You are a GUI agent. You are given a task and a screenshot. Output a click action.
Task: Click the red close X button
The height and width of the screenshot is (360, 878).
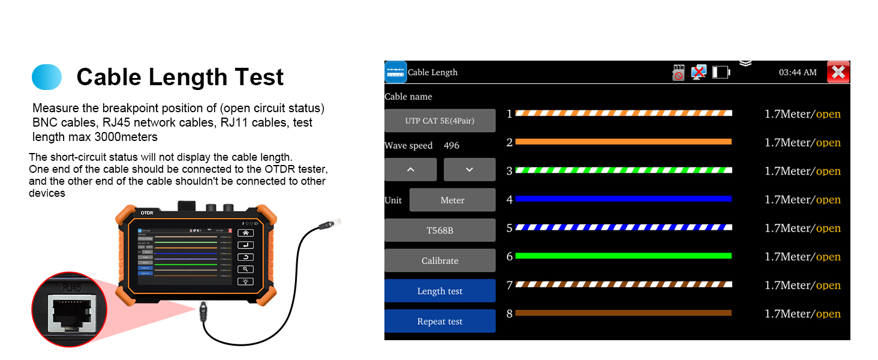coord(838,73)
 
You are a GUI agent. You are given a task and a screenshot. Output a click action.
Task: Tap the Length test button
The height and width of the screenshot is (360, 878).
coord(440,291)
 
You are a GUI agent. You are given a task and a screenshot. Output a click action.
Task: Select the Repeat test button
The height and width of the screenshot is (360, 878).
coord(440,322)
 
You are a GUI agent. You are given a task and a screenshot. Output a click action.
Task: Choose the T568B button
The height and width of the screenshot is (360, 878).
coord(440,230)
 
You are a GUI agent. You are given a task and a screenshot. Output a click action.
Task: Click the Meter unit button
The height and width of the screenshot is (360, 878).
coord(452,200)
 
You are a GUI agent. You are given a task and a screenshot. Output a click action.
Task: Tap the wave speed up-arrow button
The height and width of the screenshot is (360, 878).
coord(410,170)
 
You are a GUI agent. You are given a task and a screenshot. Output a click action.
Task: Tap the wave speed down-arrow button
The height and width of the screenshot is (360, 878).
coord(469,170)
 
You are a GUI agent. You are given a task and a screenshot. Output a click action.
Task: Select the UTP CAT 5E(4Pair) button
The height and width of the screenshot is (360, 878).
coord(440,121)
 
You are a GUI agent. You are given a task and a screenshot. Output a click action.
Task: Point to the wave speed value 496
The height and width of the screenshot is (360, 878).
coord(451,146)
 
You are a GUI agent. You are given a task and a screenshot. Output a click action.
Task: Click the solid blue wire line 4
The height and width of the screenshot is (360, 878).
coord(623,199)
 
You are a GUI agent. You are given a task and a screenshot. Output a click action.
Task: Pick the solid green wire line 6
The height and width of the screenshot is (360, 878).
coord(623,256)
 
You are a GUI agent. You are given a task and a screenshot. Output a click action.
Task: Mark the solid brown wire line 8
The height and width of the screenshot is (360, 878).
coord(623,313)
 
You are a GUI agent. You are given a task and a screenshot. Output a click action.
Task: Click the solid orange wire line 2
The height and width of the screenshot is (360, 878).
coord(623,142)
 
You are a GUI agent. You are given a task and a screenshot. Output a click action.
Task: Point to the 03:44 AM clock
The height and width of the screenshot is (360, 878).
coord(797,73)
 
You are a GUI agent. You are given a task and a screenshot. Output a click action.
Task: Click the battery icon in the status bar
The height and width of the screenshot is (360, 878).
coord(720,73)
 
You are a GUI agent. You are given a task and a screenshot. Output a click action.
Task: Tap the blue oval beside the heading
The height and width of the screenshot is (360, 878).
coord(47,77)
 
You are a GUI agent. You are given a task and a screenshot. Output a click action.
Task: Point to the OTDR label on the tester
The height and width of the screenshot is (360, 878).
coord(147,212)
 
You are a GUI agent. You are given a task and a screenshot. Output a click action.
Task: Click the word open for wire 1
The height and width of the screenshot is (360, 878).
coord(828,114)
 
